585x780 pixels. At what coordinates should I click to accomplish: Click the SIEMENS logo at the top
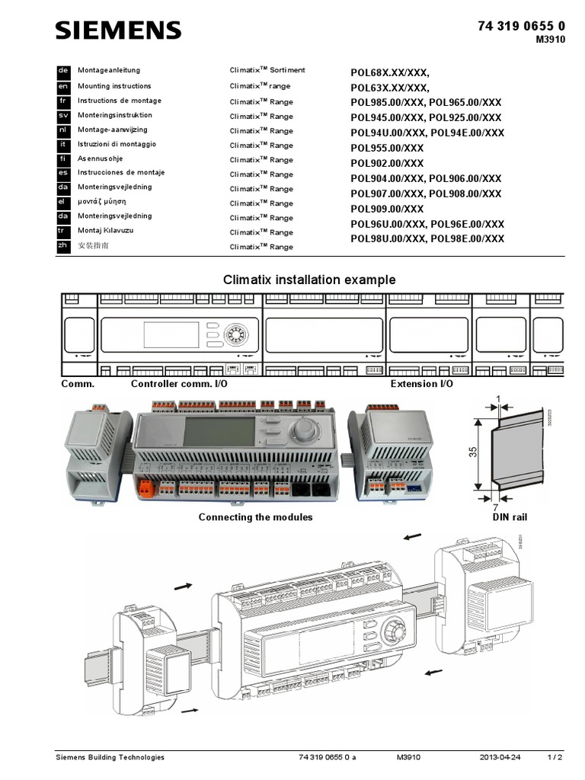pos(118,30)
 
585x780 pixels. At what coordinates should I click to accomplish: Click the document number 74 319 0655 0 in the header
pos(521,26)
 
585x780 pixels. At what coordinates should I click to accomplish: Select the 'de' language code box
pos(63,70)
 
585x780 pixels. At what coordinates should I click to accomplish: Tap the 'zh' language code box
pos(63,246)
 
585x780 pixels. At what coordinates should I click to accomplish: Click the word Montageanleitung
pos(109,70)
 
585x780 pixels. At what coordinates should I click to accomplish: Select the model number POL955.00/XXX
pos(387,148)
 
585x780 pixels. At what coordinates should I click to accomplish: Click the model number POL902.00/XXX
pos(387,163)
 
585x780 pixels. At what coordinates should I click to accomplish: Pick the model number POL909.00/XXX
pos(387,209)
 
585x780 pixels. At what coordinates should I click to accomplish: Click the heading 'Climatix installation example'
pos(309,280)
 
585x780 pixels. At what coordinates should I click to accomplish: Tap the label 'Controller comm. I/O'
pos(179,384)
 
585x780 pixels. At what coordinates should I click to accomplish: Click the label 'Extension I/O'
pos(421,384)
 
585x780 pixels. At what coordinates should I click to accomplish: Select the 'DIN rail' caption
pos(510,517)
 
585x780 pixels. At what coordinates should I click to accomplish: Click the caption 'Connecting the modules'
pos(255,517)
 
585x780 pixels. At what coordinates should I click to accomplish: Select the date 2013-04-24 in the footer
pos(500,758)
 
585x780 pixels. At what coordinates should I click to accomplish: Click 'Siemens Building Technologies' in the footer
pos(110,758)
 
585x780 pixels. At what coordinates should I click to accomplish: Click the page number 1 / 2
pos(555,758)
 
